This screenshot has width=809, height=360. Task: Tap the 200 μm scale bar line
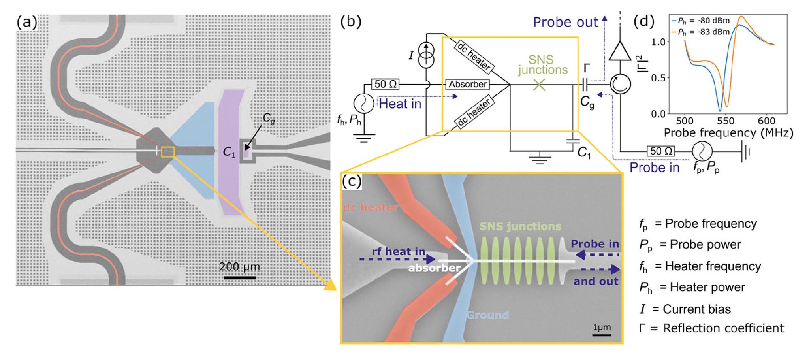pos(240,278)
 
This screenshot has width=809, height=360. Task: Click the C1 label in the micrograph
pos(229,152)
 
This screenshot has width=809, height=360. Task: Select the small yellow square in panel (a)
pos(168,152)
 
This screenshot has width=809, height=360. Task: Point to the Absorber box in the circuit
pos(467,84)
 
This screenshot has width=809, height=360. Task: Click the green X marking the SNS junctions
pos(539,85)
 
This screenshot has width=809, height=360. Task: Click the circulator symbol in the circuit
pos(620,84)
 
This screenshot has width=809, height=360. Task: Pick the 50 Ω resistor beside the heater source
pos(386,84)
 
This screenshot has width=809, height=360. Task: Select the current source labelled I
pos(426,55)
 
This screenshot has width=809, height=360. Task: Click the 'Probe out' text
pos(565,22)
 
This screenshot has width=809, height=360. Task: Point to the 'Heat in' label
pos(400,104)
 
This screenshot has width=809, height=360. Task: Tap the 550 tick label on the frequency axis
pos(726,121)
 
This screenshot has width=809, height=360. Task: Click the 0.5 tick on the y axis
pos(658,78)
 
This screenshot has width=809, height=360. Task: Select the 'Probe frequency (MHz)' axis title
pos(728,133)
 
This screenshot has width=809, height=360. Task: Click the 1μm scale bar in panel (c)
pos(602,335)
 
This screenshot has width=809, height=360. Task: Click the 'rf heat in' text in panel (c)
pos(399,252)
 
